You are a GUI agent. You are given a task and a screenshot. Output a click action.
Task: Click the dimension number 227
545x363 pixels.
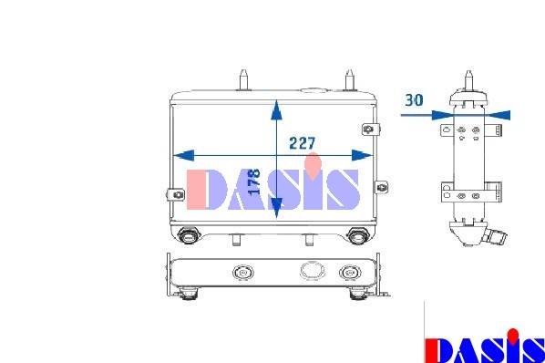coord(302,143)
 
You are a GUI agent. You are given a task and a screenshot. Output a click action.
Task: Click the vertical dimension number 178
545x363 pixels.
coord(254,181)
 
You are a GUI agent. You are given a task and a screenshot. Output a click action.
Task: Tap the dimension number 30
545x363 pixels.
coord(414,100)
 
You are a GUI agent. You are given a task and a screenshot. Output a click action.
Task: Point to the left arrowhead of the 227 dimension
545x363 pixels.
coord(183,155)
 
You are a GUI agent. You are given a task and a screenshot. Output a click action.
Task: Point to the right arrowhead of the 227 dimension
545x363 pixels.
coord(362,155)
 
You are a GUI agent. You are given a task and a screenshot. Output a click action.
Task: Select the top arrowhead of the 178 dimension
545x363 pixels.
coord(276,109)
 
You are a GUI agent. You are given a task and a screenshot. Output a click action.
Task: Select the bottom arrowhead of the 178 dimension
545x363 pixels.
coord(276,208)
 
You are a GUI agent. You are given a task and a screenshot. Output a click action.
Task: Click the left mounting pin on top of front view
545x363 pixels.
coord(243,80)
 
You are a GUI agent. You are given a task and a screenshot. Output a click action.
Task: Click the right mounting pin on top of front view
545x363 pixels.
coord(349,80)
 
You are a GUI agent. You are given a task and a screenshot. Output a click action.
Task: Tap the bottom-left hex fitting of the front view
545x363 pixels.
coord(188,235)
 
